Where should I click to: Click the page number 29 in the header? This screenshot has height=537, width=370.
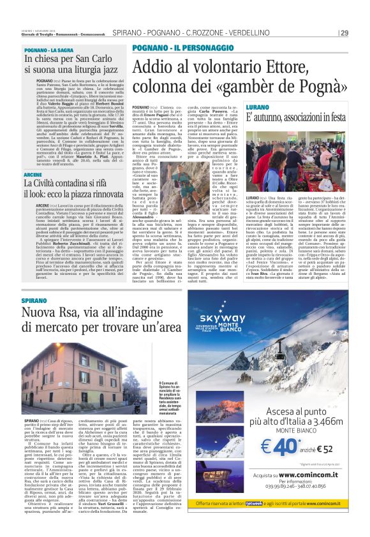(x=344, y=33)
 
